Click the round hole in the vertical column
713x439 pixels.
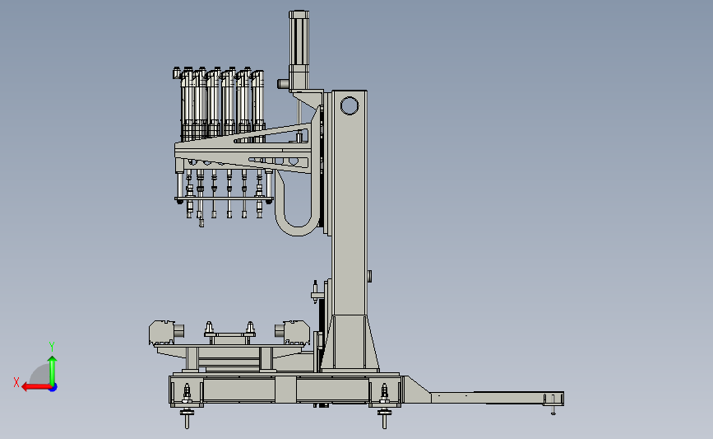click(350, 105)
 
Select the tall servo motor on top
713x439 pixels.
click(299, 50)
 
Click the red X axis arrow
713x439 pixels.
click(36, 387)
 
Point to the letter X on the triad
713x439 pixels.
click(16, 382)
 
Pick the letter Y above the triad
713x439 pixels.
click(52, 347)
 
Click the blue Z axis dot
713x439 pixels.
click(53, 388)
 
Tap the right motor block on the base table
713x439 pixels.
click(293, 332)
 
